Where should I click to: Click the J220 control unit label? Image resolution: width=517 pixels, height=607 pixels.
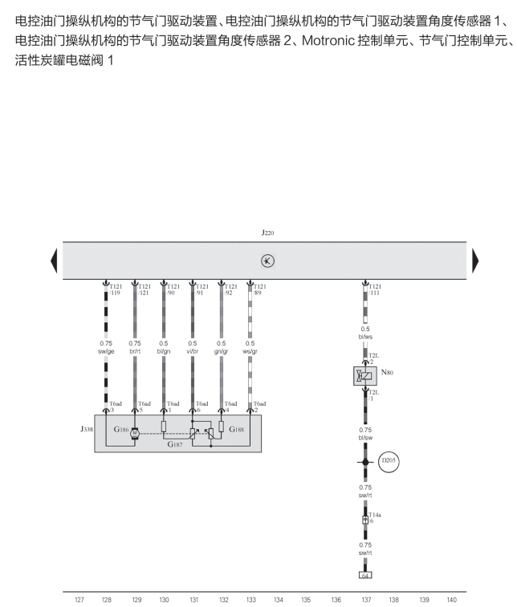click(x=267, y=233)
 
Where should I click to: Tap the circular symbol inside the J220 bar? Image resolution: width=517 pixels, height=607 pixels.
click(x=268, y=261)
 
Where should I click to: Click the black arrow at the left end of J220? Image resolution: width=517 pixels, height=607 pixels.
click(x=54, y=261)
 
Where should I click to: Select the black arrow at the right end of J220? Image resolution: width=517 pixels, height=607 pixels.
click(x=474, y=261)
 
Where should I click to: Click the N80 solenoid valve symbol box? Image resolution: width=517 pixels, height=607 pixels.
click(x=365, y=375)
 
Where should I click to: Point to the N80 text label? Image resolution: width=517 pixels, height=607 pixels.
click(x=387, y=372)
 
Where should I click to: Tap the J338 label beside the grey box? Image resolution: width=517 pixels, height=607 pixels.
click(x=86, y=429)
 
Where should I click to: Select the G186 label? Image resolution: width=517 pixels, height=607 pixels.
click(x=121, y=430)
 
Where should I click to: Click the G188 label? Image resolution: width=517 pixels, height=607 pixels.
click(x=237, y=430)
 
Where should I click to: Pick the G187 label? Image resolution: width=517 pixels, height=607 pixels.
click(x=176, y=443)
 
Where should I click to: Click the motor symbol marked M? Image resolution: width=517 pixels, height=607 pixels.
click(x=135, y=432)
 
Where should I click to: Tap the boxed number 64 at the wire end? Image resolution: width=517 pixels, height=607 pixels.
click(x=365, y=574)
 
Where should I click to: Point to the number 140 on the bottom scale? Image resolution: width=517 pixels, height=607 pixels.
click(x=451, y=599)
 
